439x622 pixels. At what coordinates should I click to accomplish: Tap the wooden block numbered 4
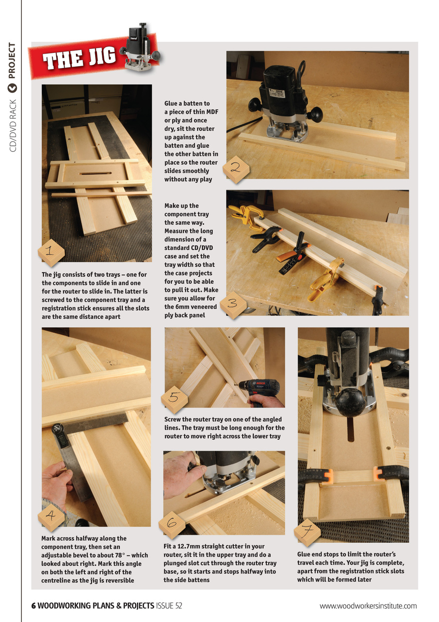(50, 518)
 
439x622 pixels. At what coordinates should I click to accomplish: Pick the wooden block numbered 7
(307, 533)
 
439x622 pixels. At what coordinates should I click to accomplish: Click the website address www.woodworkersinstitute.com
(368, 605)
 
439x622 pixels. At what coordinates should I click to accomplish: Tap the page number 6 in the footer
(34, 605)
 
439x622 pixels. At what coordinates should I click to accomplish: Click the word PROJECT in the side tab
(12, 61)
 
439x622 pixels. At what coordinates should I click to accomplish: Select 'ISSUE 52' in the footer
(169, 605)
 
